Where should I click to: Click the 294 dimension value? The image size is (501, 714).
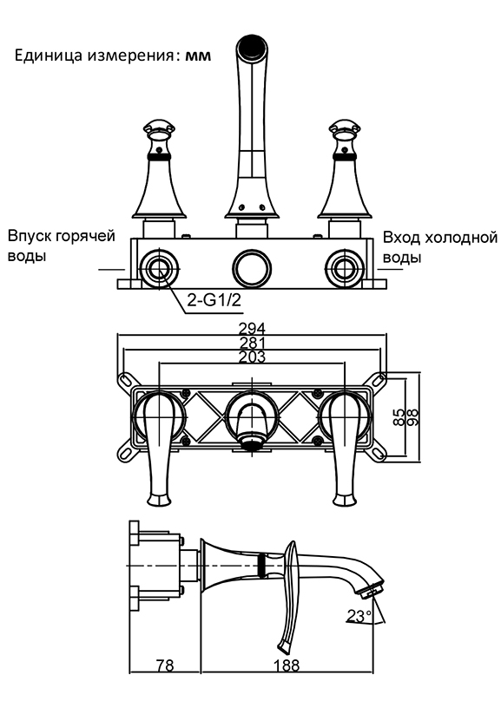click(x=252, y=328)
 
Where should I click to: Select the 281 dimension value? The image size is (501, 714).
click(x=252, y=343)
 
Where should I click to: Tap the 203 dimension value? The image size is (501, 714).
click(x=252, y=357)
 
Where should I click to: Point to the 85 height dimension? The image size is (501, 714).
click(x=398, y=416)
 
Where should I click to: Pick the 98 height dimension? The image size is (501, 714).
click(x=413, y=416)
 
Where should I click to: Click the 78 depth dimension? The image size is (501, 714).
click(x=164, y=665)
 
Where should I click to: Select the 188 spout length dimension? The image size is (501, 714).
click(x=287, y=665)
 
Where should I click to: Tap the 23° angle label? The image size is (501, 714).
click(x=359, y=616)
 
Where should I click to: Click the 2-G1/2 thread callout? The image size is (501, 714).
click(x=214, y=300)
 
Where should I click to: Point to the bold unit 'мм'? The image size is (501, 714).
click(x=198, y=56)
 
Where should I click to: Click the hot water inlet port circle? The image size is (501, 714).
click(x=159, y=269)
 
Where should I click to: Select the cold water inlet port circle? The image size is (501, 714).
click(x=343, y=269)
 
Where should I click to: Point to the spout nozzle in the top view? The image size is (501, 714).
click(x=251, y=442)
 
